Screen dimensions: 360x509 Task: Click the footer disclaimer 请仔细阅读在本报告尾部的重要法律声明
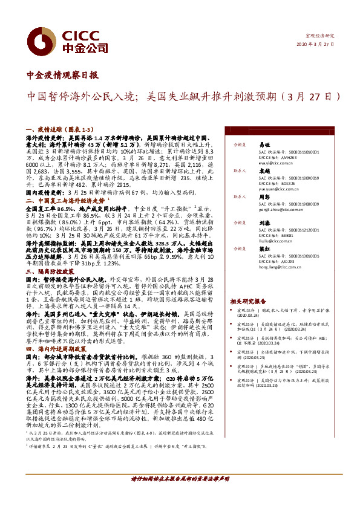(x=180, y=495)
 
